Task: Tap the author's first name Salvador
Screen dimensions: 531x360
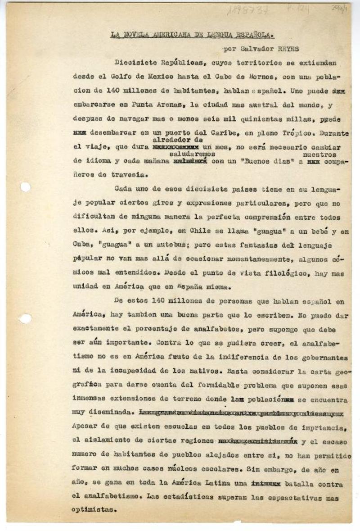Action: pyautogui.click(x=257, y=49)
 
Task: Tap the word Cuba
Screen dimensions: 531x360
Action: pyautogui.click(x=81, y=245)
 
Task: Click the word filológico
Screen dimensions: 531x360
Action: pyautogui.click(x=283, y=273)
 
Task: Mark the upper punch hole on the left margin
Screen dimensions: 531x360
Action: pyautogui.click(x=25, y=187)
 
